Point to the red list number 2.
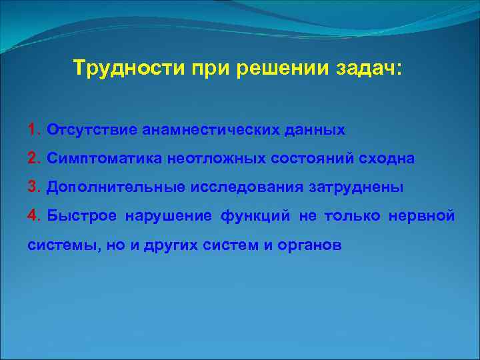point(33,159)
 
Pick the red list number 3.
point(33,187)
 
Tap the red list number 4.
point(33,216)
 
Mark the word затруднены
point(356,187)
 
